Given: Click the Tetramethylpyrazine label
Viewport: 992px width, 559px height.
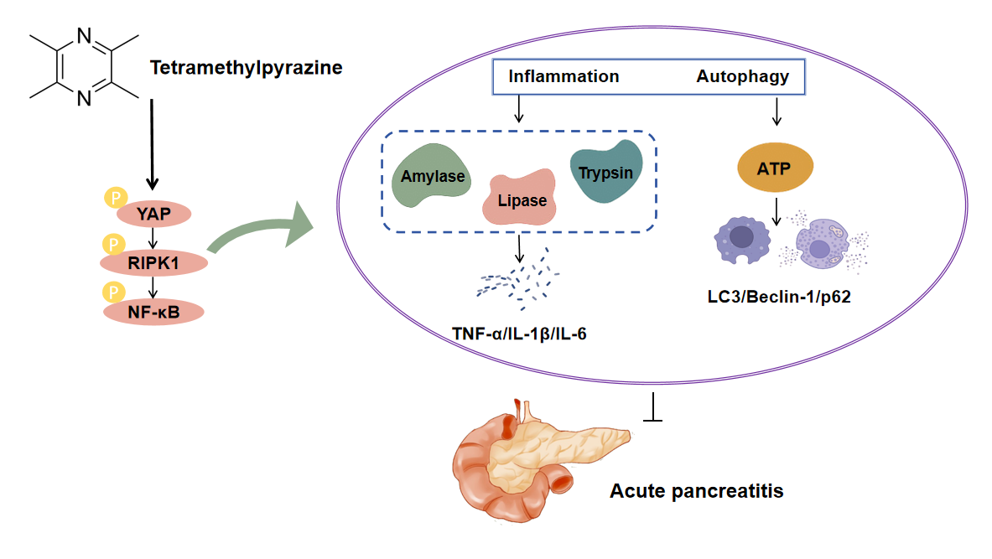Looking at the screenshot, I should [246, 67].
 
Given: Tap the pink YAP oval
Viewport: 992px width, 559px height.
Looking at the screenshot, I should [154, 214].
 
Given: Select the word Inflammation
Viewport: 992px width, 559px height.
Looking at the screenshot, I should [564, 76].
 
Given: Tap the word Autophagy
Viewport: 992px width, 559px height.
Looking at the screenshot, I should [742, 76].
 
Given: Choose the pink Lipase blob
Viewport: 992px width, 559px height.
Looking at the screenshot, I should [521, 198].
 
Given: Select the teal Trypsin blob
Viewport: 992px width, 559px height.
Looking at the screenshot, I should [605, 171].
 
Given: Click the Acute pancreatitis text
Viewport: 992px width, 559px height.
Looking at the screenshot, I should [696, 490].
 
